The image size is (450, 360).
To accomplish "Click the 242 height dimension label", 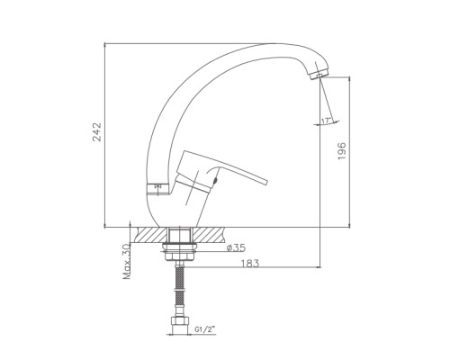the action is click(x=97, y=131).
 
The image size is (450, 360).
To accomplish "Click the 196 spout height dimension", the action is click(x=342, y=151).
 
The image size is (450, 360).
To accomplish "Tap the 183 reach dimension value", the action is click(x=250, y=264).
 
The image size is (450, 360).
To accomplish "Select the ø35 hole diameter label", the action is click(x=236, y=247).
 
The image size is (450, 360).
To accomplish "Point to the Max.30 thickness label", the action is click(x=127, y=262).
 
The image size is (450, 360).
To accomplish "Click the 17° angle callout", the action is click(x=326, y=121).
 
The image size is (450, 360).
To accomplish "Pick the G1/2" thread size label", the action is click(x=205, y=329).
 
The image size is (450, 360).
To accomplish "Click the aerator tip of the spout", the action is click(x=319, y=75).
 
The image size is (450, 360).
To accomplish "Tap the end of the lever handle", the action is click(x=264, y=183).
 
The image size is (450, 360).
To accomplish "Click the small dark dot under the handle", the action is click(x=214, y=181).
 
